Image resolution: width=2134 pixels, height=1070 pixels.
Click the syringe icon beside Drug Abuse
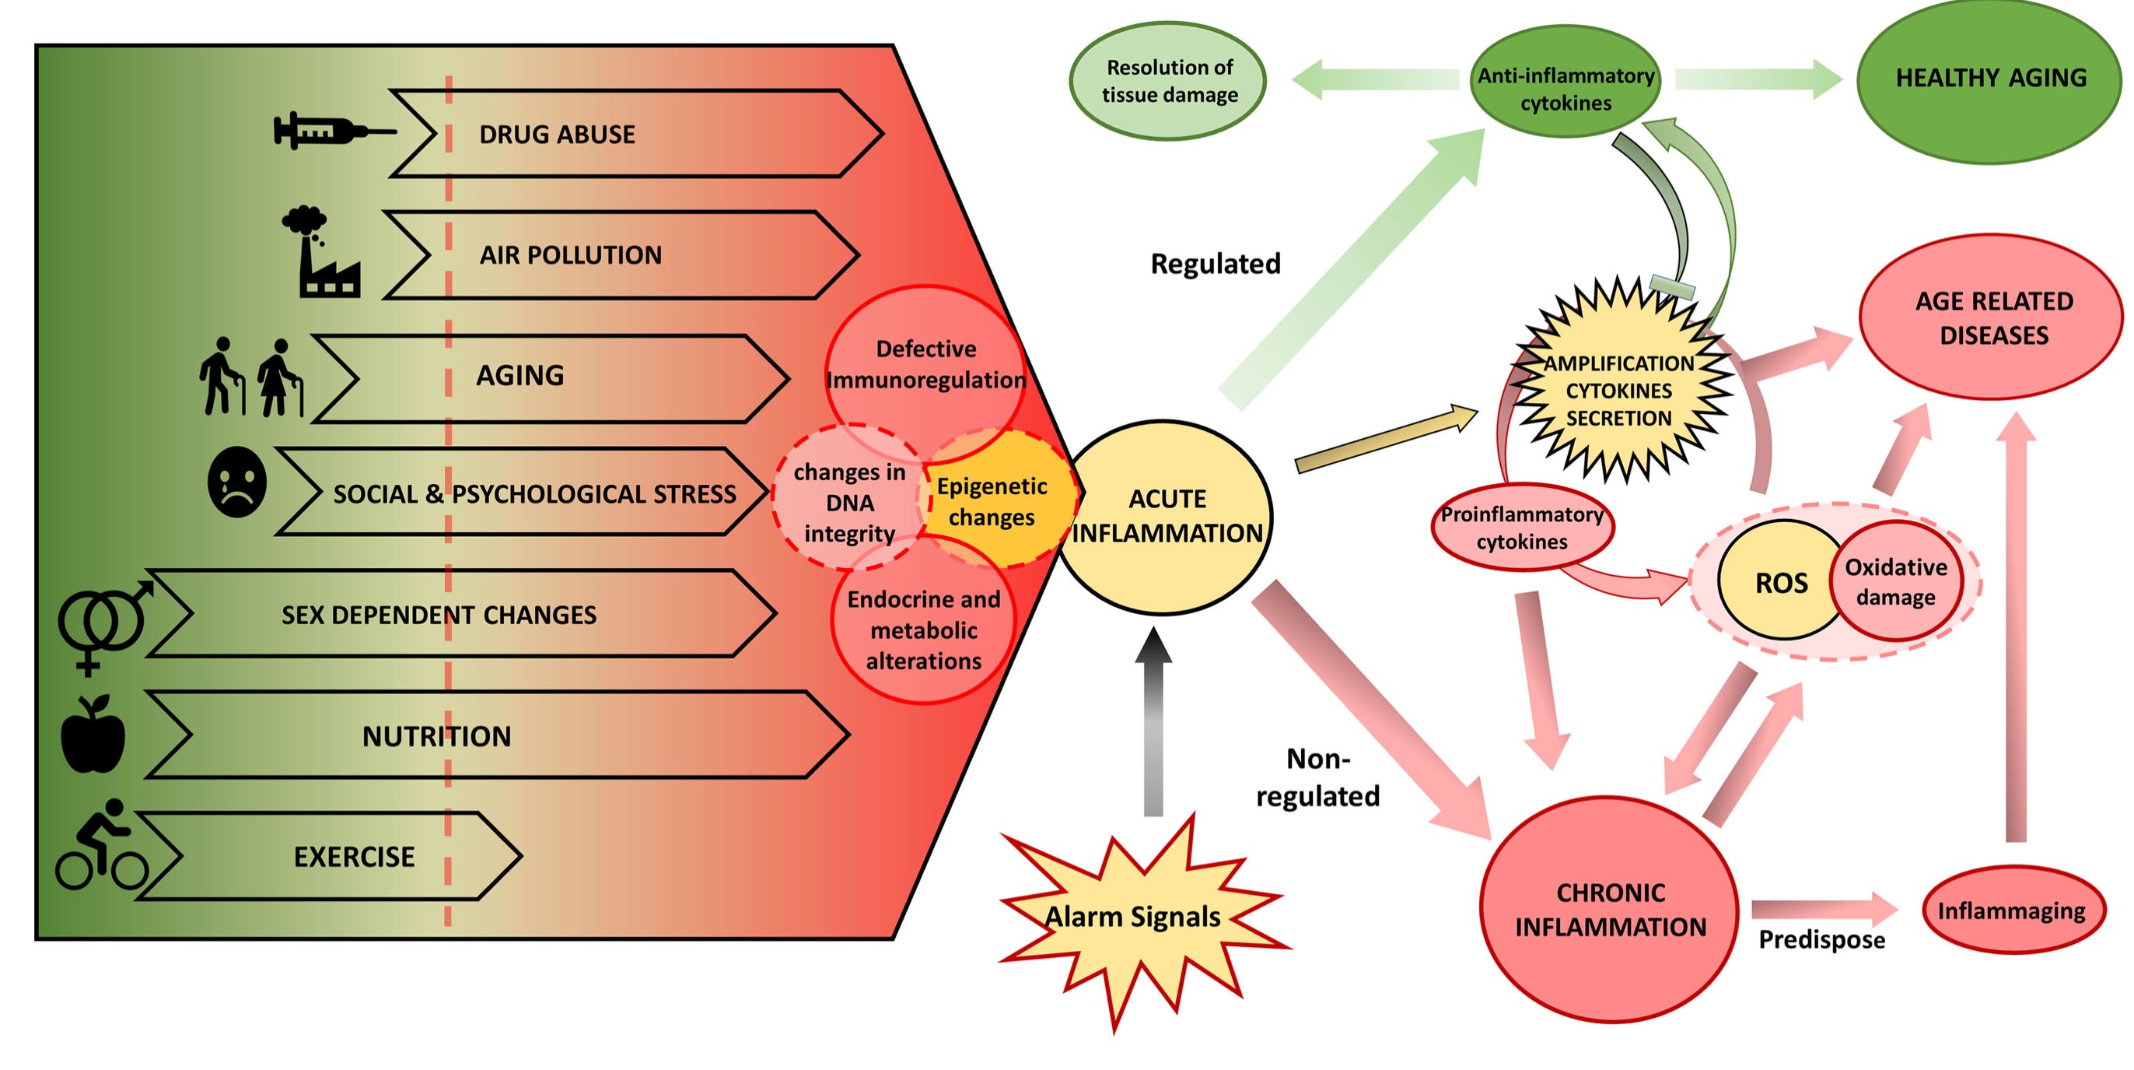pyautogui.click(x=334, y=131)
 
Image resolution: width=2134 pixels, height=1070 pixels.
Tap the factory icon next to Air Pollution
pyautogui.click(x=322, y=252)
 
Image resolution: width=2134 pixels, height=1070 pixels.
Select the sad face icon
pyautogui.click(x=237, y=482)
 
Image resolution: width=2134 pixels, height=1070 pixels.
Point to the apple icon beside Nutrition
pyautogui.click(x=93, y=734)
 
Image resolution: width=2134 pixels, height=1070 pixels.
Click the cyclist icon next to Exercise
pyautogui.click(x=101, y=844)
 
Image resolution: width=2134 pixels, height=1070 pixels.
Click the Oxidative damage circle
pyautogui.click(x=1895, y=581)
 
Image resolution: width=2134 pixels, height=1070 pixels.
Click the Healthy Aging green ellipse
pyautogui.click(x=1991, y=78)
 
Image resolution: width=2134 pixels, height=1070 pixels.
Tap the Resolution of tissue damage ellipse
pyautogui.click(x=1169, y=80)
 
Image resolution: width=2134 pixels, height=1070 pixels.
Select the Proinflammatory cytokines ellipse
pyautogui.click(x=1523, y=527)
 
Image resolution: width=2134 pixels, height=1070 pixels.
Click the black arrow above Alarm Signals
pyautogui.click(x=1153, y=721)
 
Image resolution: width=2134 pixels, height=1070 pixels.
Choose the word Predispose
pyautogui.click(x=1821, y=940)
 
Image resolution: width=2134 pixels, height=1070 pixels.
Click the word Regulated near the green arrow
pyautogui.click(x=1216, y=264)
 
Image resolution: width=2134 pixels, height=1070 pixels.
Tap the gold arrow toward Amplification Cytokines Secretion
pyautogui.click(x=1387, y=439)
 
